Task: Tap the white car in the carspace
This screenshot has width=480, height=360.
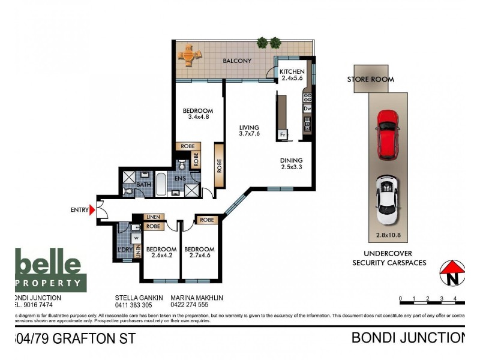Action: [386, 197]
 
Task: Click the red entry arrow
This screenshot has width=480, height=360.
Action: [92, 210]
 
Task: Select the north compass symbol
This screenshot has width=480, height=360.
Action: [453, 272]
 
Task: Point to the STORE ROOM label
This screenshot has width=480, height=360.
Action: [370, 79]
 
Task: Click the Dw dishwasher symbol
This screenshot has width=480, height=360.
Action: [307, 109]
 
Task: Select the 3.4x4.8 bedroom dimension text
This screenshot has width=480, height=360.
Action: [197, 118]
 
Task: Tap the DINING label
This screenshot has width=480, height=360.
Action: [291, 161]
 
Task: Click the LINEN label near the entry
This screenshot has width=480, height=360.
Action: [152, 217]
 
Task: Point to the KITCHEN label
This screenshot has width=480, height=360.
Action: [292, 72]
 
